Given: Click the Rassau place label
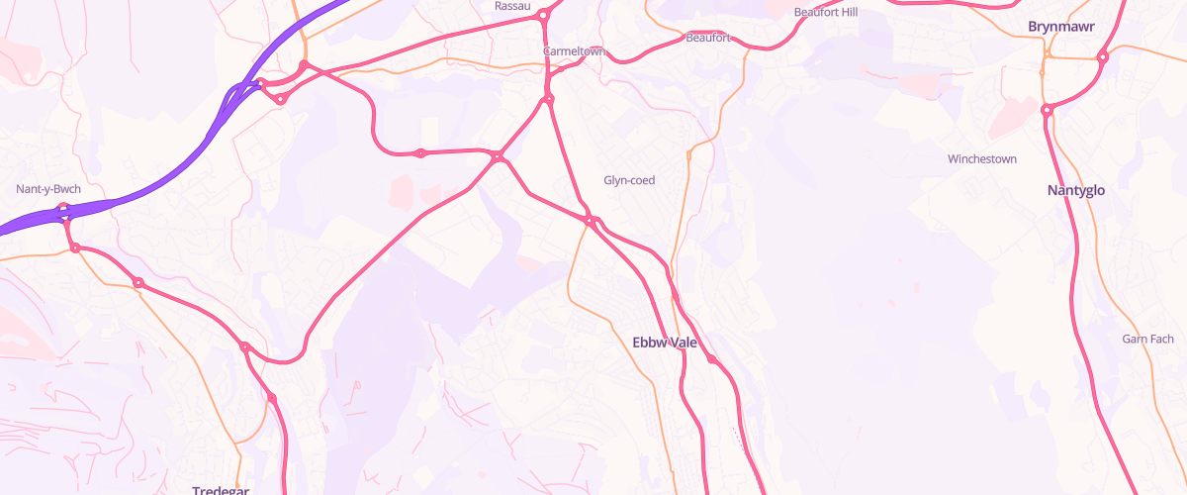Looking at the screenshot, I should point(512,6).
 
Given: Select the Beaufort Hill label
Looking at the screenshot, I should point(827,12).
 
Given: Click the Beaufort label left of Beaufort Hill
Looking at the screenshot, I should point(708,39).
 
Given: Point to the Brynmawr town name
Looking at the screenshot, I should point(1061,26).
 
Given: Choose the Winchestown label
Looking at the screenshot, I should point(982,159).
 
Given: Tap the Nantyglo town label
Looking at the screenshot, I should point(1076,190).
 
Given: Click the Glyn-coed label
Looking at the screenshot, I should point(630,180).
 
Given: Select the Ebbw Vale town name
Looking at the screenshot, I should point(665,343).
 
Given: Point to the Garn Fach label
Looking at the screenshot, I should point(1147,340).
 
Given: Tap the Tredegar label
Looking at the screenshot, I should point(220,490).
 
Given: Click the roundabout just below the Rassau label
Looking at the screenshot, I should point(542,16).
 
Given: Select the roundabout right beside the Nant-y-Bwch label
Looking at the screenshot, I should point(63,209).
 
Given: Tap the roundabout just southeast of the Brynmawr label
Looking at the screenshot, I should point(1103,56).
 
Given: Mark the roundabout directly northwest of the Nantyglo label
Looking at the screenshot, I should point(1047,110).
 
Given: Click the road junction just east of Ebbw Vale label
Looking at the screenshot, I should point(712,358).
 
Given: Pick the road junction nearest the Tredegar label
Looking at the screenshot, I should point(271,398).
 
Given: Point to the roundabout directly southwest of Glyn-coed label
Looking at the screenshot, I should point(590,220).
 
